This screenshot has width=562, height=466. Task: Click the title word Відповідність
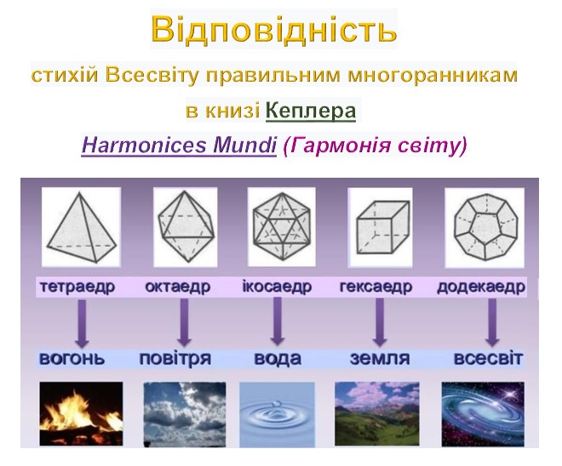(273, 30)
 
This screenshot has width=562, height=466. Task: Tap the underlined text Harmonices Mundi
(180, 145)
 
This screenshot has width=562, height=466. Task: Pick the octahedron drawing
(184, 226)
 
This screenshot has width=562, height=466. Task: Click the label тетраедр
(77, 287)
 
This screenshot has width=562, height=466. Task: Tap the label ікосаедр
(278, 287)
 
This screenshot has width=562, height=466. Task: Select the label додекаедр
(480, 287)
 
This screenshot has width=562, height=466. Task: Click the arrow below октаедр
(183, 321)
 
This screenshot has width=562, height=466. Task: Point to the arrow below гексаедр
(380, 321)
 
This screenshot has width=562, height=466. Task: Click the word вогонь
(72, 358)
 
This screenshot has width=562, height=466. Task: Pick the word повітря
(175, 358)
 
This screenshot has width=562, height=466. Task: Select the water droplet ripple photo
(278, 413)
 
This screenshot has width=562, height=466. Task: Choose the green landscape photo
(376, 413)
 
